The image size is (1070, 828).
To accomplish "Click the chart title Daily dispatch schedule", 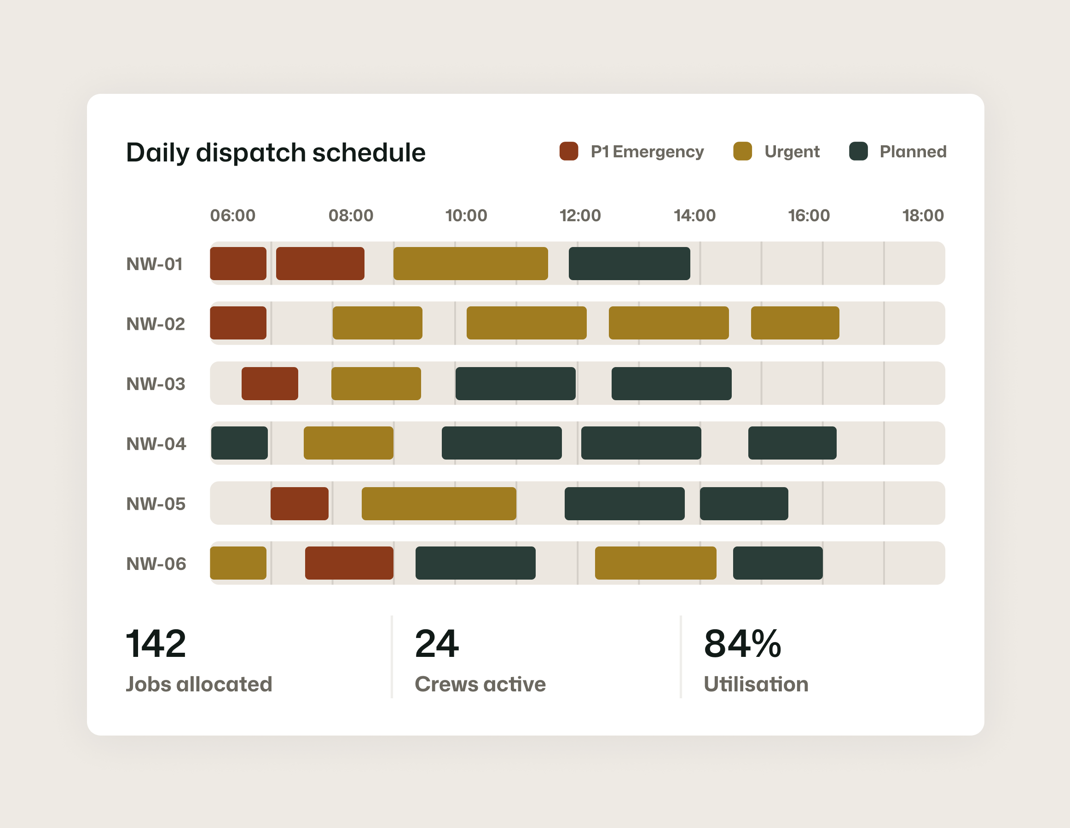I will pos(275,152).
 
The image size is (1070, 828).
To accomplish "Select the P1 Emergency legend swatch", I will pos(568,151).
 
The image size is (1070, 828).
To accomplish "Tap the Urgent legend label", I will pos(792,152).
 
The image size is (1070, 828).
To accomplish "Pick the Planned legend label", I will pos(913,152).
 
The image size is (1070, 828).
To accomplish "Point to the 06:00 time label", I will pos(233,215).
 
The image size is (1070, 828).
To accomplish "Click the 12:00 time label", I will pos(580,215).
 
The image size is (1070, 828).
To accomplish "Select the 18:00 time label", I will pos(923,215).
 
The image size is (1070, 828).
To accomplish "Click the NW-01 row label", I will pos(154,264).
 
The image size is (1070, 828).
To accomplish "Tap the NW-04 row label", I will pos(156,443).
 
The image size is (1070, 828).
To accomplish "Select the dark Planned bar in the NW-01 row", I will pos(629,264).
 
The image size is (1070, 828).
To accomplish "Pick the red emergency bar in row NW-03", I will pos(270,383).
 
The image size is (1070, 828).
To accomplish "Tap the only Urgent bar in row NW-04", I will pos(348,443).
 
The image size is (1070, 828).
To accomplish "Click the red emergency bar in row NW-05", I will pos(299,503).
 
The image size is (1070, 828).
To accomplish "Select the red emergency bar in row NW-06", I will pos(349,563).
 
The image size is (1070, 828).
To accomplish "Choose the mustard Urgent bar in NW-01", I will pos(470,264).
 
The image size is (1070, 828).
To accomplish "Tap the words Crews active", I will pos(480,684).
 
